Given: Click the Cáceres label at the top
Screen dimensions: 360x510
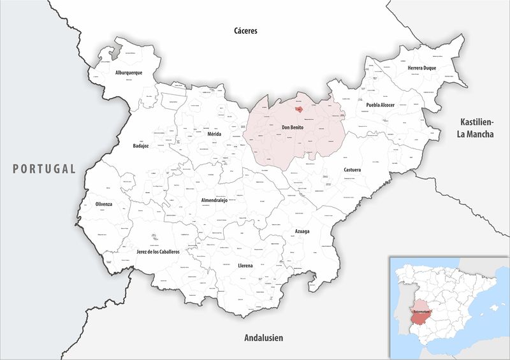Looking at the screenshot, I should click(x=245, y=30).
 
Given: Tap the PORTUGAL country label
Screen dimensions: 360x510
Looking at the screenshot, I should click(x=44, y=169).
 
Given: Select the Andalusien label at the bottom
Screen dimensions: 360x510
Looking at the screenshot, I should click(x=263, y=338).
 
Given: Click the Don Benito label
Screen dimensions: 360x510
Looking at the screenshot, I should click(x=293, y=128).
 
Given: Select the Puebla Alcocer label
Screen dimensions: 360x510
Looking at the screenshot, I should click(x=380, y=104).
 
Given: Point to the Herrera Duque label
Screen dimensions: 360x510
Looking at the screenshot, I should click(x=421, y=68).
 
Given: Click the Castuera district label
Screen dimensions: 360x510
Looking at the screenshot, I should click(x=353, y=171).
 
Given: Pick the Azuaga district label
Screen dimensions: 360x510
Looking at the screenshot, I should click(x=302, y=231).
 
